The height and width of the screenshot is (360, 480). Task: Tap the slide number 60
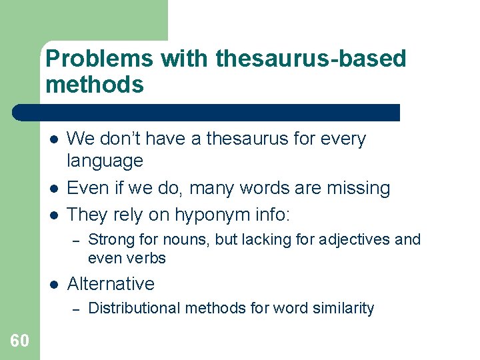coord(19,341)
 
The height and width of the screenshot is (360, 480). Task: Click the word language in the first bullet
coord(105,161)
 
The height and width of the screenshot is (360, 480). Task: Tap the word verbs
coord(146,258)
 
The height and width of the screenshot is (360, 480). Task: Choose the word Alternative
coord(111,283)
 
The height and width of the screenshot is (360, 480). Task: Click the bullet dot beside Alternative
coord(54,284)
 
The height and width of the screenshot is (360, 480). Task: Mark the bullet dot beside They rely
coord(54,215)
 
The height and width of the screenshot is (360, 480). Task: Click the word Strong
coord(109,239)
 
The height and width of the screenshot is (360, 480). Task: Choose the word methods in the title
coord(95,85)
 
